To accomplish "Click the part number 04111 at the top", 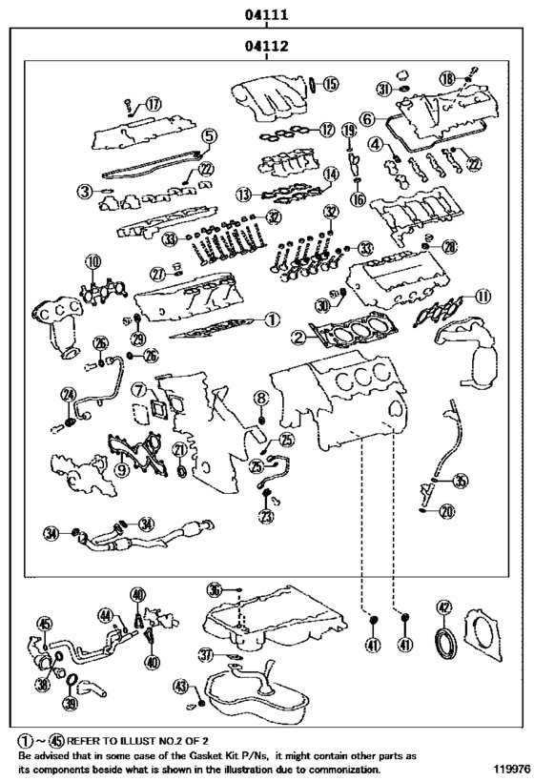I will [x=267, y=14].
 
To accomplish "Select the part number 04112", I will [x=267, y=46].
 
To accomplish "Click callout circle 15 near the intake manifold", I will [x=330, y=84].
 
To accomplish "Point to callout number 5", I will [x=208, y=136].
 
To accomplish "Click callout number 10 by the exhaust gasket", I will [x=92, y=261].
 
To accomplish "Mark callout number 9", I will [x=121, y=468].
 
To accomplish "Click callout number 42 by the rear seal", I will [x=443, y=607].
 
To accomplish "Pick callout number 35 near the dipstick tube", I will [x=461, y=481].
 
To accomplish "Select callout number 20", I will [x=447, y=513].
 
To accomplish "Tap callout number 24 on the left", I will [x=68, y=395].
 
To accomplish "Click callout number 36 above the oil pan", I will [x=215, y=590].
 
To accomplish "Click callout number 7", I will [x=139, y=390].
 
